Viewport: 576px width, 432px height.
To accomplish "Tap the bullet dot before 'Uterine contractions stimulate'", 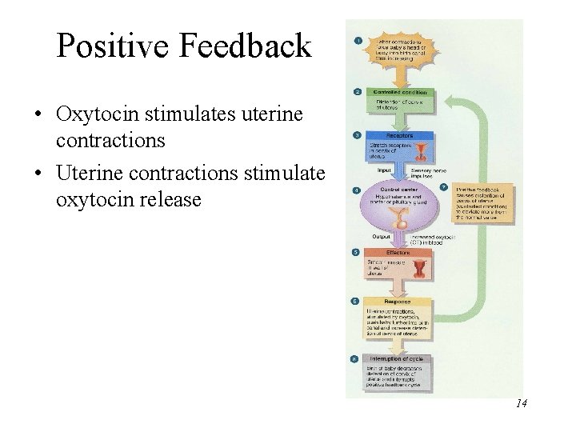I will click(38, 174).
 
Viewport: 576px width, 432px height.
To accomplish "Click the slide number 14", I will click(521, 403).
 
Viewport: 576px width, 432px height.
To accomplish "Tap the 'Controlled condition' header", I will click(400, 93).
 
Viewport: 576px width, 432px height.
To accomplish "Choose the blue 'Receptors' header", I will click(400, 137).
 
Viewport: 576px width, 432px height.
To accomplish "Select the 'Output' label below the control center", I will click(382, 237).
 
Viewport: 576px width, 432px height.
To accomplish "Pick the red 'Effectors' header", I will click(399, 252).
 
